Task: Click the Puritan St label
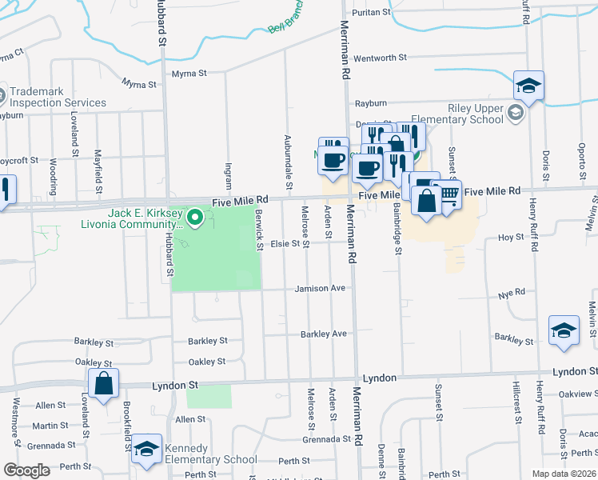tap(374, 12)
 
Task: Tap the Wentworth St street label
tap(381, 58)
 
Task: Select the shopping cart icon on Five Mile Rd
tap(448, 194)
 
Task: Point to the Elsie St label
tap(285, 243)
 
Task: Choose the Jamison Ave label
tap(320, 288)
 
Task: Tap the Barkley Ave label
tap(324, 333)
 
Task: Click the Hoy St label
tap(511, 238)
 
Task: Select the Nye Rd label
tap(504, 294)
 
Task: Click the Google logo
tap(26, 470)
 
